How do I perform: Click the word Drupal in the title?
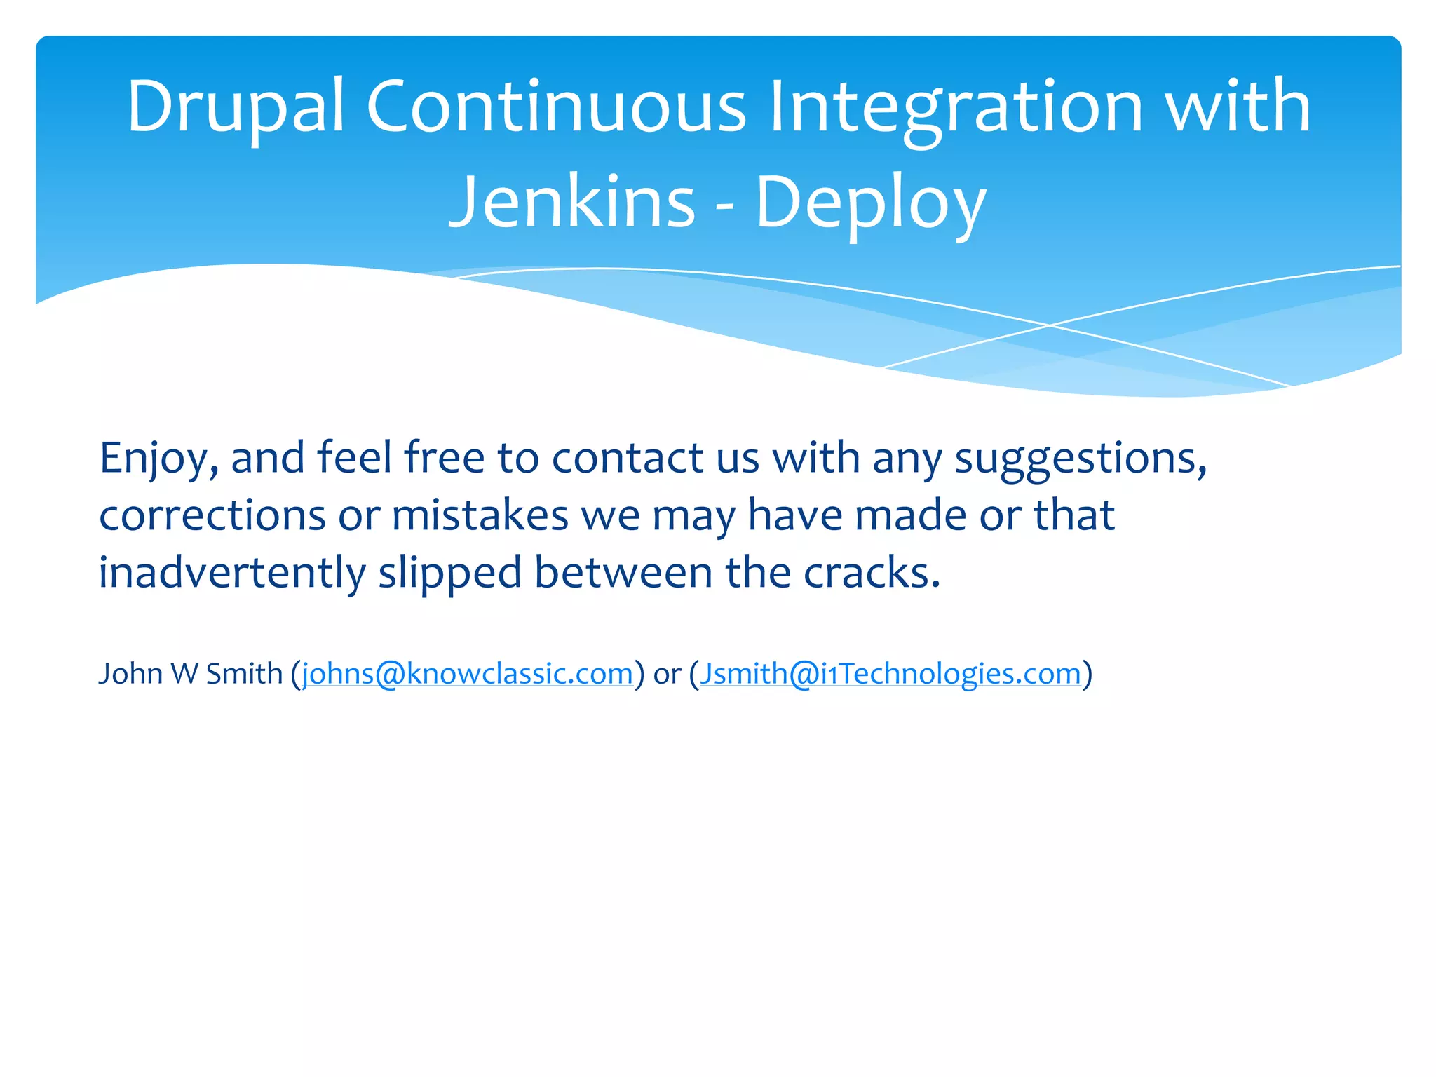pyautogui.click(x=235, y=107)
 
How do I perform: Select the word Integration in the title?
pyautogui.click(x=956, y=107)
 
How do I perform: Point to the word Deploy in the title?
pyautogui.click(x=870, y=203)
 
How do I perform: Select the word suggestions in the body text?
pyautogui.click(x=1080, y=459)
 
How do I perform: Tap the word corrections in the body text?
pyautogui.click(x=212, y=516)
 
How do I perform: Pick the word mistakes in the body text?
pyautogui.click(x=480, y=516)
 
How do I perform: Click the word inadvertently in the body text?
pyautogui.click(x=231, y=573)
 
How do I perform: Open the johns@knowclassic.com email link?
pyautogui.click(x=467, y=674)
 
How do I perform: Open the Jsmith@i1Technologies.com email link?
pyautogui.click(x=890, y=674)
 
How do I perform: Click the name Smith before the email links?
pyautogui.click(x=244, y=674)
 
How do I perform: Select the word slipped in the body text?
pyautogui.click(x=449, y=574)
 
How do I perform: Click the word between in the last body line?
pyautogui.click(x=622, y=573)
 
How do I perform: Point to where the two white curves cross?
pyautogui.click(x=1050, y=325)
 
